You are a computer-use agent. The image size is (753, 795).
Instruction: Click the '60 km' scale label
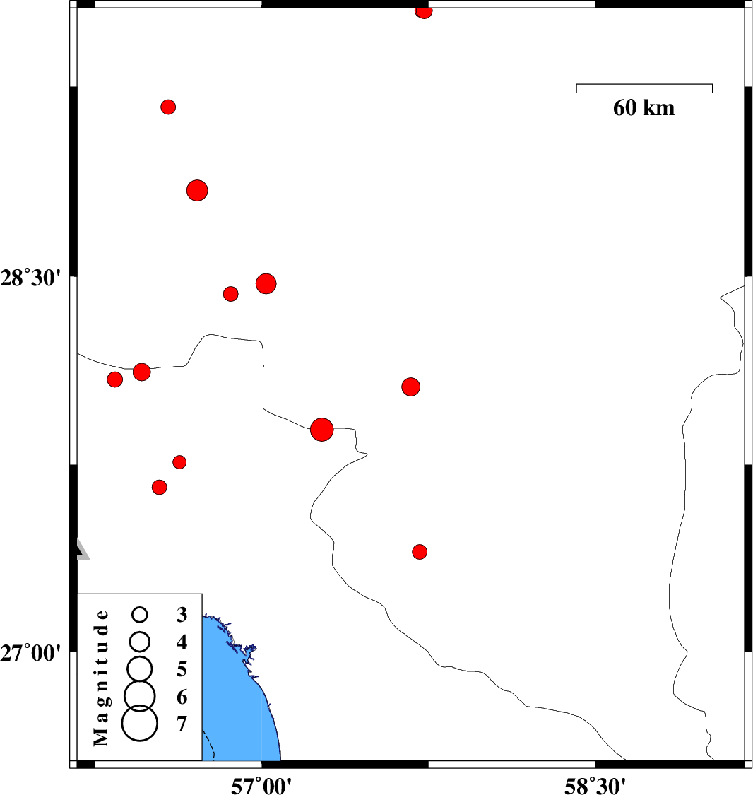pyautogui.click(x=644, y=107)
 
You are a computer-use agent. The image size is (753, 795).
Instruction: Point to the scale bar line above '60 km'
pyautogui.click(x=644, y=84)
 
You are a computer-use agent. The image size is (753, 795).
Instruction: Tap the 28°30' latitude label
pyautogui.click(x=30, y=278)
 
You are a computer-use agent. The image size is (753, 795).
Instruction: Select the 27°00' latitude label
pyautogui.click(x=30, y=652)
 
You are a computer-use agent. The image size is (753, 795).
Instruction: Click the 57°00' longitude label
pyautogui.click(x=261, y=785)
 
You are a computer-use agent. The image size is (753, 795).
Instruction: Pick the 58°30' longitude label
pyautogui.click(x=595, y=785)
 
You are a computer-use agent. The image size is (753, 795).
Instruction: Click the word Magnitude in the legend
pyautogui.click(x=101, y=678)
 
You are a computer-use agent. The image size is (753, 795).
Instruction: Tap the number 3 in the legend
pyautogui.click(x=182, y=615)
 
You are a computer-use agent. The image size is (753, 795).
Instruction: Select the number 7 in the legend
pyautogui.click(x=182, y=724)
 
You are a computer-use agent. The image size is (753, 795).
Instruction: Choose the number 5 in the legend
pyautogui.click(x=182, y=669)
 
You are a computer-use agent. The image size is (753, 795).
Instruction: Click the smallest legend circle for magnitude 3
pyautogui.click(x=140, y=615)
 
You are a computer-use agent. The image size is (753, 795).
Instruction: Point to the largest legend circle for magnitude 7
pyautogui.click(x=140, y=724)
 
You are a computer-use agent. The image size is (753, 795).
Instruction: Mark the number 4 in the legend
pyautogui.click(x=182, y=642)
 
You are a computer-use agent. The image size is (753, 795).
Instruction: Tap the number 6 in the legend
pyautogui.click(x=182, y=697)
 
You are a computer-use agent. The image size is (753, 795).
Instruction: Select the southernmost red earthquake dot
pyautogui.click(x=420, y=552)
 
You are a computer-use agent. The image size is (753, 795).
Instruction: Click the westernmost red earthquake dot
pyautogui.click(x=115, y=379)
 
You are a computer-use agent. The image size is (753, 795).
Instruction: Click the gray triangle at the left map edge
pyautogui.click(x=82, y=549)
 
